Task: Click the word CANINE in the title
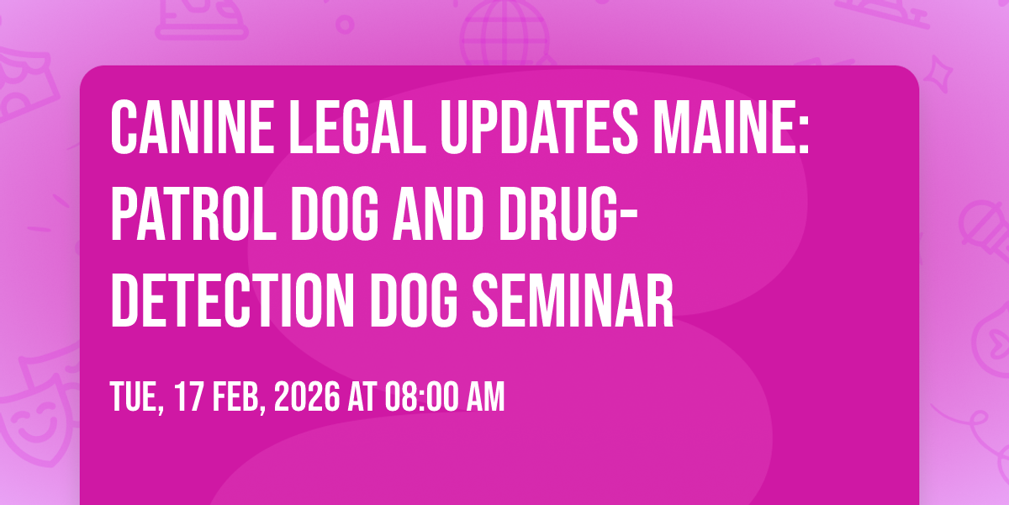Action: (x=192, y=128)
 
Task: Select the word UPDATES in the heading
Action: (x=539, y=128)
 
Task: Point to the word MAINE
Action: (x=731, y=128)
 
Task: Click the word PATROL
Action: (x=193, y=214)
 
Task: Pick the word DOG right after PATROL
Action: (x=335, y=214)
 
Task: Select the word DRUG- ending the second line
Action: (x=568, y=214)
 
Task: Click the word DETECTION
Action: (x=232, y=300)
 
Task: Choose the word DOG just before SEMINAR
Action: (x=414, y=300)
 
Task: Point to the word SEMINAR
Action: (x=573, y=300)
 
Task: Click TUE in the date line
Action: (x=136, y=396)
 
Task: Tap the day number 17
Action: (x=188, y=396)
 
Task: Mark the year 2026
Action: (x=307, y=396)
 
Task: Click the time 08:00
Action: (x=422, y=396)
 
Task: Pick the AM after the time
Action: (x=486, y=396)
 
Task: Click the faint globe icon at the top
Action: (x=505, y=33)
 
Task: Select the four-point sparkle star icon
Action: (x=938, y=74)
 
